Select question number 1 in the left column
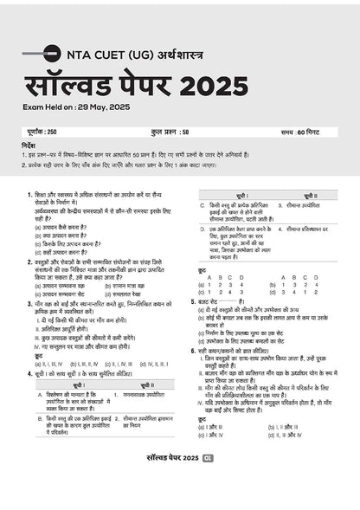(x=29, y=197)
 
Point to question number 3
(x=29, y=307)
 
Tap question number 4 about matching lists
(x=29, y=371)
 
